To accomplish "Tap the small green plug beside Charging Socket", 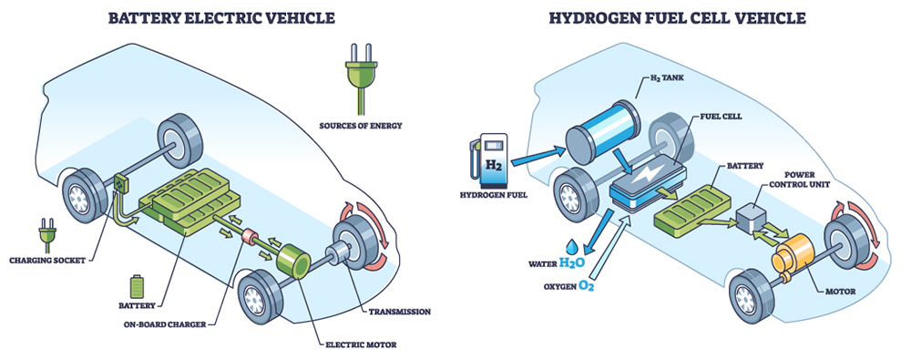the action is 47,235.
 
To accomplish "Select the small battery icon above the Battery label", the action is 137,286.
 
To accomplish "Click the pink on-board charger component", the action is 251,236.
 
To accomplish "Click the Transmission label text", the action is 400,311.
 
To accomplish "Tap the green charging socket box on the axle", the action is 120,183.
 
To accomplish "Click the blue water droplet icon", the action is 573,245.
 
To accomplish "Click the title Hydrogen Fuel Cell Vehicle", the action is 678,18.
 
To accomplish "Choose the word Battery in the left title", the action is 145,18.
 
